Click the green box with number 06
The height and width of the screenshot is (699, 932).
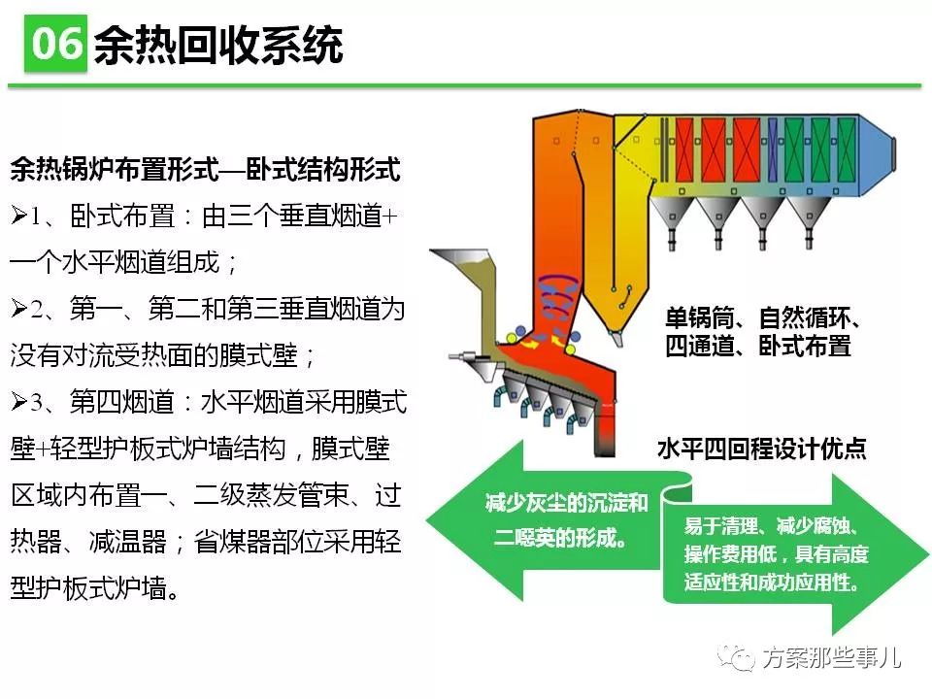click(x=55, y=44)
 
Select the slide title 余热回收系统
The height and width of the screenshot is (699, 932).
click(x=218, y=46)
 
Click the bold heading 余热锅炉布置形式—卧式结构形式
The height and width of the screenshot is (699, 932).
click(x=205, y=169)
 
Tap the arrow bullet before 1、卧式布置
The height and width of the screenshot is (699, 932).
click(x=19, y=216)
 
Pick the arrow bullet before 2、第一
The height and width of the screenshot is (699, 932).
click(x=19, y=308)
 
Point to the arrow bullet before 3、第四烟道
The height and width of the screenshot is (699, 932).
click(x=19, y=402)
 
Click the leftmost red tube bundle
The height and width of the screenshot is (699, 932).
click(x=684, y=150)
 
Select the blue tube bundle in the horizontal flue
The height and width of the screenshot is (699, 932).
click(x=773, y=150)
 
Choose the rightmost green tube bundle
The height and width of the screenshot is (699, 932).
click(x=847, y=150)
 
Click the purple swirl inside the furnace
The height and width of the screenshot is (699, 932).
click(x=559, y=295)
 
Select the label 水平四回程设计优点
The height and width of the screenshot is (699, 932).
click(x=762, y=449)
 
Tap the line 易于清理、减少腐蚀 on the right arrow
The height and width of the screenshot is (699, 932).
click(x=772, y=526)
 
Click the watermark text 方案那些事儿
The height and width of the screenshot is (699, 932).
click(x=832, y=657)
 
